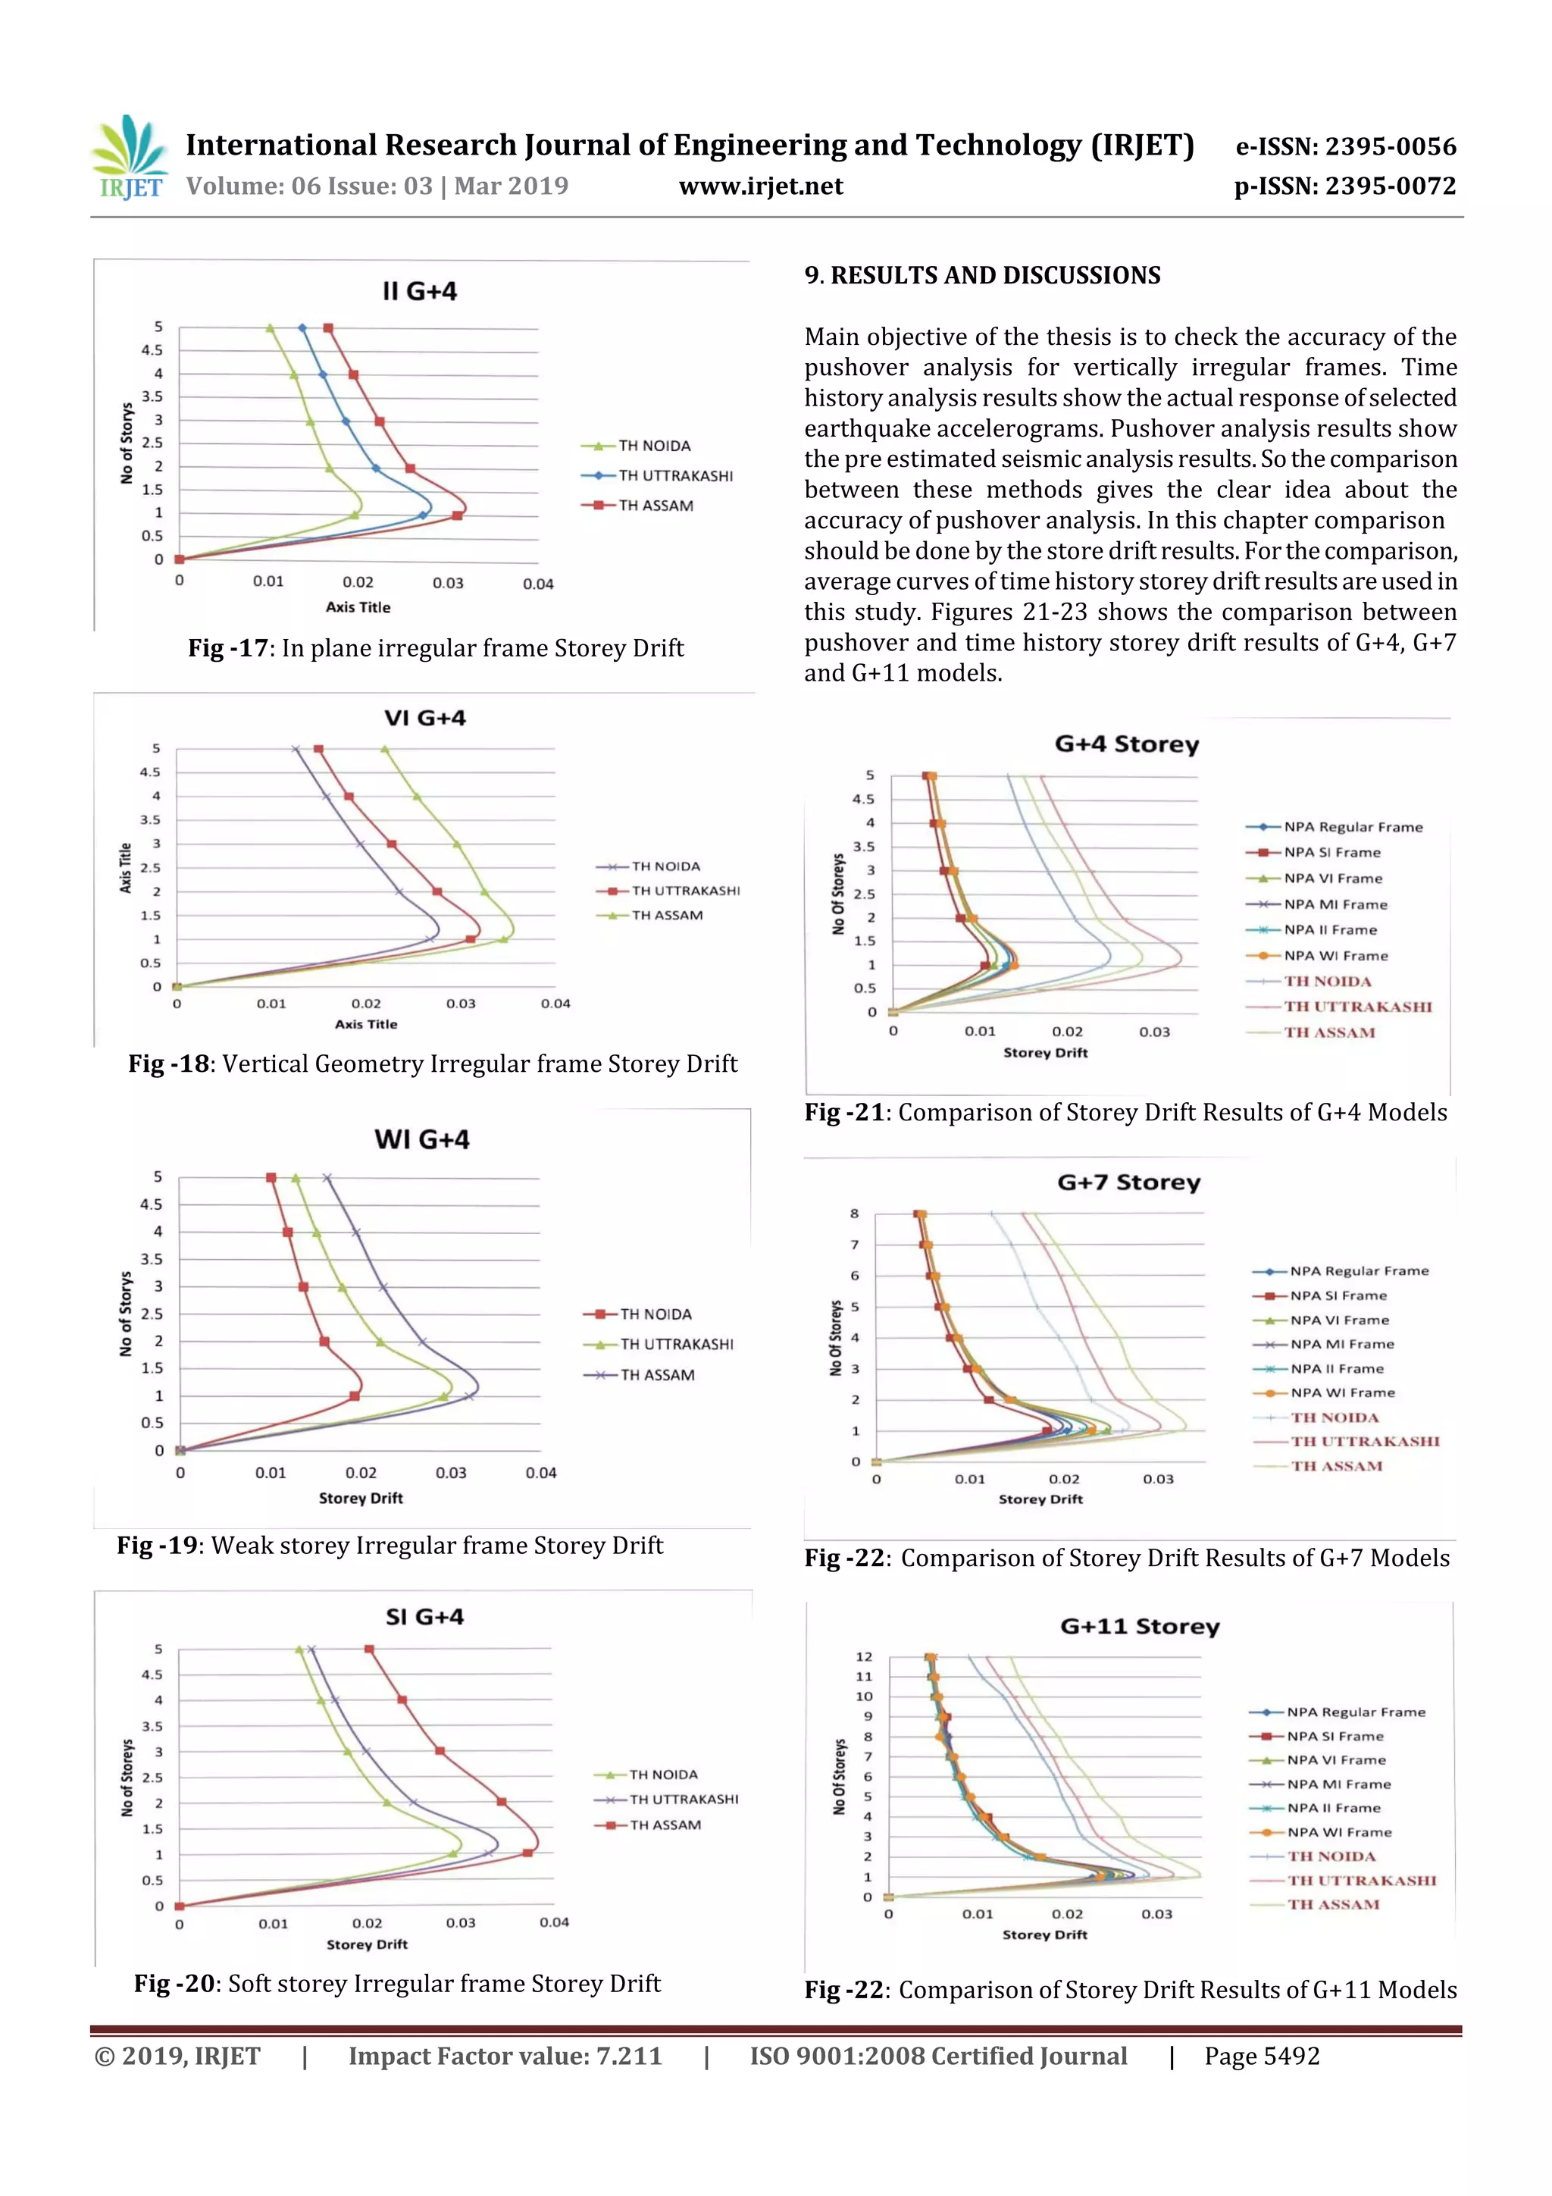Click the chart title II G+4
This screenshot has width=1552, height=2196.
click(x=419, y=291)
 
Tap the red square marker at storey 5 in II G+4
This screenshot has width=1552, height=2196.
click(x=328, y=328)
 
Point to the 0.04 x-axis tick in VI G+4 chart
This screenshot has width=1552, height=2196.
click(x=555, y=1004)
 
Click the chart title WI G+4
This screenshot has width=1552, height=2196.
click(x=421, y=1139)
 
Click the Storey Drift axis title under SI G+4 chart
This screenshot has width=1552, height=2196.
click(x=368, y=1944)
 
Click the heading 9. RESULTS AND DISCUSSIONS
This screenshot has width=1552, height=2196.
click(x=982, y=275)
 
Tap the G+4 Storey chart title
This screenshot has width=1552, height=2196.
click(x=1126, y=744)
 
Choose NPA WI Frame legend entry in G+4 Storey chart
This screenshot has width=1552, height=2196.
click(x=1336, y=955)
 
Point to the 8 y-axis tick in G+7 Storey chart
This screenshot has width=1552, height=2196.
click(x=854, y=1214)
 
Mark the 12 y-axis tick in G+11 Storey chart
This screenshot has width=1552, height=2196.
click(x=863, y=1656)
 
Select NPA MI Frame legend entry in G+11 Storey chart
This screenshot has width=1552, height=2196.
click(x=1339, y=1784)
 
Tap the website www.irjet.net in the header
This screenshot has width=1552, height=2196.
click(x=761, y=186)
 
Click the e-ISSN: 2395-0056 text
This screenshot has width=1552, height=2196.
click(x=1345, y=146)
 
